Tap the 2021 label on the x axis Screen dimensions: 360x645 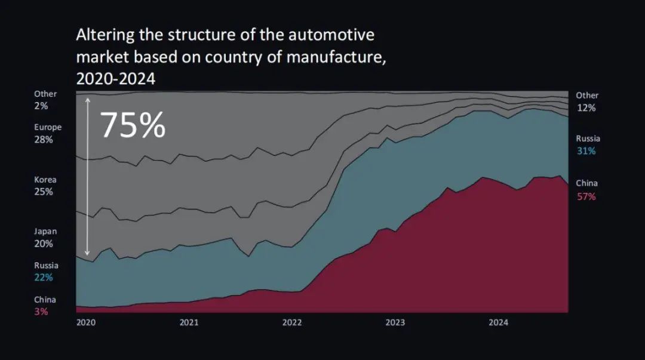[189, 322]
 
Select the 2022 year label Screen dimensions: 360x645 [292, 322]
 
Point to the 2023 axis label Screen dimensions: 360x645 [395, 322]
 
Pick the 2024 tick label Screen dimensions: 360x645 [499, 322]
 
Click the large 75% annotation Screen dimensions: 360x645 [133, 125]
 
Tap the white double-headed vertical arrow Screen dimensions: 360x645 [87, 176]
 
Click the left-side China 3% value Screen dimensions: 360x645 [41, 312]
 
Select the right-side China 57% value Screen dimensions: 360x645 [586, 196]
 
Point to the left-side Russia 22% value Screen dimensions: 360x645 [44, 278]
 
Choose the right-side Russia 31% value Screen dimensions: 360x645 [586, 151]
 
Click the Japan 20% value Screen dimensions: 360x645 [44, 244]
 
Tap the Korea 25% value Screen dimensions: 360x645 [44, 192]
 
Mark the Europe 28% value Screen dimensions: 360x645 [44, 140]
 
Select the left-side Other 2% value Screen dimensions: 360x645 [41, 106]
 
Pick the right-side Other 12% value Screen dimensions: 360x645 [586, 108]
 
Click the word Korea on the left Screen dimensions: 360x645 [45, 179]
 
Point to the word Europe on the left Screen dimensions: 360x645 [48, 127]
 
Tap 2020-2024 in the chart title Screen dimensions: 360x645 [116, 78]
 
